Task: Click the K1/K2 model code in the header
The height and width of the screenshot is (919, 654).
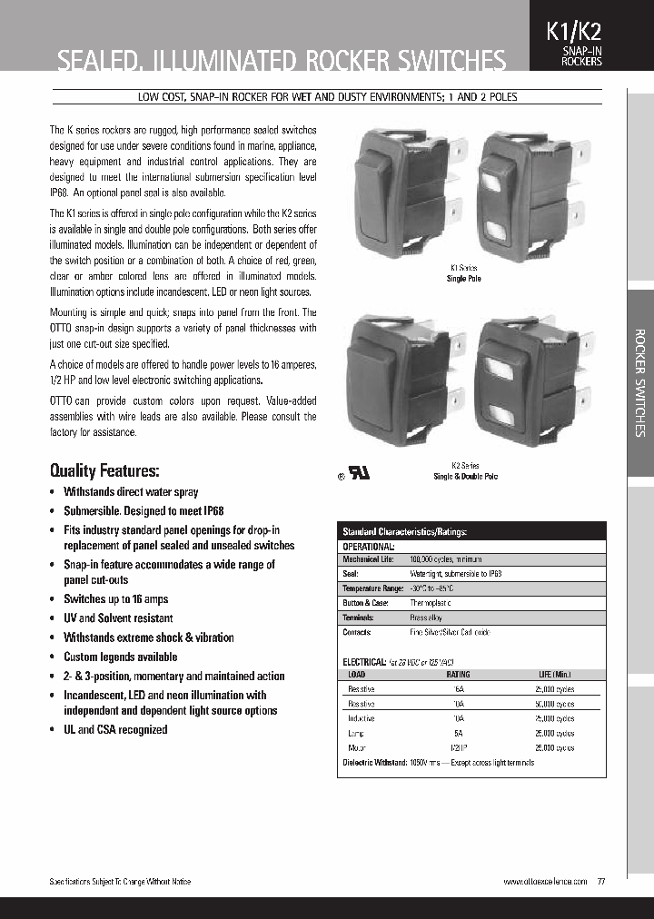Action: click(573, 32)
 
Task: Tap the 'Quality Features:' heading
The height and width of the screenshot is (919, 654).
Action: click(104, 470)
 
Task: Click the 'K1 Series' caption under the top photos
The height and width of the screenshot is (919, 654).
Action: click(464, 269)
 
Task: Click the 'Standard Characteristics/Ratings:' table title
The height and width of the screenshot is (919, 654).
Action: click(404, 531)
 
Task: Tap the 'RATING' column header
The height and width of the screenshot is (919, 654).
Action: click(458, 676)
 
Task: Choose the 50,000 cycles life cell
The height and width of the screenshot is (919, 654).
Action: click(553, 704)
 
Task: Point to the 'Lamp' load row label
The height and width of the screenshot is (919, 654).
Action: click(357, 733)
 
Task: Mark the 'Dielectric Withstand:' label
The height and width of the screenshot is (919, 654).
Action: click(373, 763)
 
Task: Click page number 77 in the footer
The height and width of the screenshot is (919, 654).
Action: click(601, 882)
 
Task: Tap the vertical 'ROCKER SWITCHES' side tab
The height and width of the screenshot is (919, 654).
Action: click(639, 381)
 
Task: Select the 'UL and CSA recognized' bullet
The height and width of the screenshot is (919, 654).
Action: click(114, 729)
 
